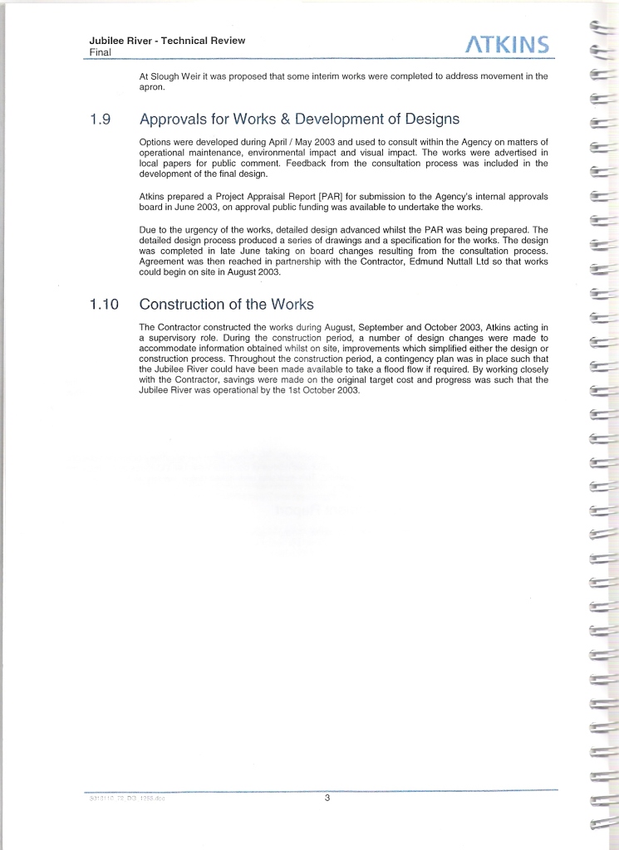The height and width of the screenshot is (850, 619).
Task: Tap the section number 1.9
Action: (100, 120)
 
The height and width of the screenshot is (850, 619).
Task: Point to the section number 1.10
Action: (104, 305)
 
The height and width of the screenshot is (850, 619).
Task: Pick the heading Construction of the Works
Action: (226, 304)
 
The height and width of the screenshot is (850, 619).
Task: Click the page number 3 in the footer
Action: (327, 799)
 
